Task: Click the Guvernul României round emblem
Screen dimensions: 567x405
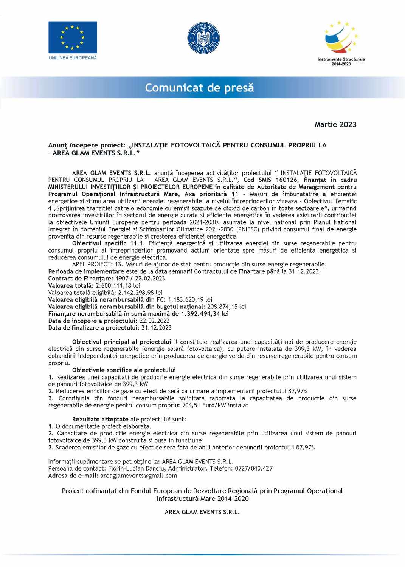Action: (203, 38)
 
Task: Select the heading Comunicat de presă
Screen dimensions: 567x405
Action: (199, 88)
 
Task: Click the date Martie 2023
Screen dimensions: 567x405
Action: (335, 124)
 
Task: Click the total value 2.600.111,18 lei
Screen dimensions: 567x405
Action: (118, 285)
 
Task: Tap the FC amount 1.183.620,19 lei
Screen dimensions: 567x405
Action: (190, 299)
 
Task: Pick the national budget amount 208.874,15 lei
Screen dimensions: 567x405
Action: (227, 307)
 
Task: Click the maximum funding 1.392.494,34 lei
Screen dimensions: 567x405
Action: (205, 314)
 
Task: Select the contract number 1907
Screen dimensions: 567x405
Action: (122, 279)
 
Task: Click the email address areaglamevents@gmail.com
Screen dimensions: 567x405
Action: (138, 476)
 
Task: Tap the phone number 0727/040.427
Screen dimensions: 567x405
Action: (254, 468)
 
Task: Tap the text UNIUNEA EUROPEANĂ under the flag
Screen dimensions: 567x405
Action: (73, 58)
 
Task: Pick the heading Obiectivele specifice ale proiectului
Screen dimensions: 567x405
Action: (124, 370)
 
